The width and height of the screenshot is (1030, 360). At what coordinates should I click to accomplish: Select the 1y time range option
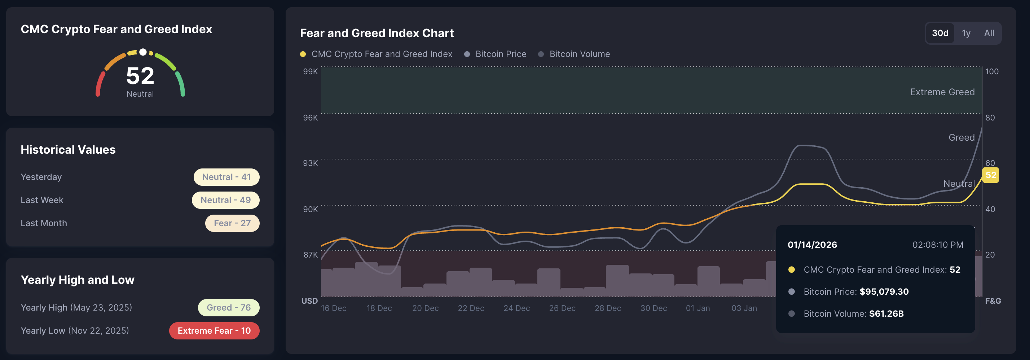[x=966, y=33]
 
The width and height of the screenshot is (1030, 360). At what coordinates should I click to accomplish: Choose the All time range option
[x=989, y=33]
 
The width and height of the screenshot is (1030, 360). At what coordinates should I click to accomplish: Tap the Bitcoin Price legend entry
[x=500, y=54]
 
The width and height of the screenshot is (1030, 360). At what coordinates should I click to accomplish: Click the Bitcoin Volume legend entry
[x=579, y=54]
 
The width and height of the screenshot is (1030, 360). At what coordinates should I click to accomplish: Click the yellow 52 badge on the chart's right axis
[x=990, y=175]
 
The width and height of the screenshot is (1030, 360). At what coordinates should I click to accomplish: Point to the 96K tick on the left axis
[x=310, y=118]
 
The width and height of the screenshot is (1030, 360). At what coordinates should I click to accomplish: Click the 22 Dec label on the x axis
[x=471, y=308]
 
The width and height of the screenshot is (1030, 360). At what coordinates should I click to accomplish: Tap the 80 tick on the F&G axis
[x=990, y=118]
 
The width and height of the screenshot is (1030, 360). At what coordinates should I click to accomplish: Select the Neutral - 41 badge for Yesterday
[x=226, y=177]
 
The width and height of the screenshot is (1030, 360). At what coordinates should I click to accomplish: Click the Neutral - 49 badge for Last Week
[x=225, y=200]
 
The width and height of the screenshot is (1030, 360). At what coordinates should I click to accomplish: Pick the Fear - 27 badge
[x=232, y=223]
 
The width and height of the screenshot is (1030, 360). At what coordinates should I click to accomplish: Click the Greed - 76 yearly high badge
[x=228, y=308]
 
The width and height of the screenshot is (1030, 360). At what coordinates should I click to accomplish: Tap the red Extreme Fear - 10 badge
[x=214, y=331]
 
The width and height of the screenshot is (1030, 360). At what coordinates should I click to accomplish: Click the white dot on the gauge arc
[x=143, y=52]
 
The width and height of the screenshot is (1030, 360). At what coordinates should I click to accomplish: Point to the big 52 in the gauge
[x=140, y=76]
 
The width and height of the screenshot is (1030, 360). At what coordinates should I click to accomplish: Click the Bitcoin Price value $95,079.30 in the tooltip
[x=884, y=291]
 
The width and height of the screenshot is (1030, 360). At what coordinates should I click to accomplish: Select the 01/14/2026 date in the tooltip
[x=812, y=245]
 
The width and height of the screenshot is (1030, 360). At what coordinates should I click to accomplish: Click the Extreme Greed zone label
[x=942, y=92]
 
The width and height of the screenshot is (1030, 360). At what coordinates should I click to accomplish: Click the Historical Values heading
[x=68, y=150]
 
